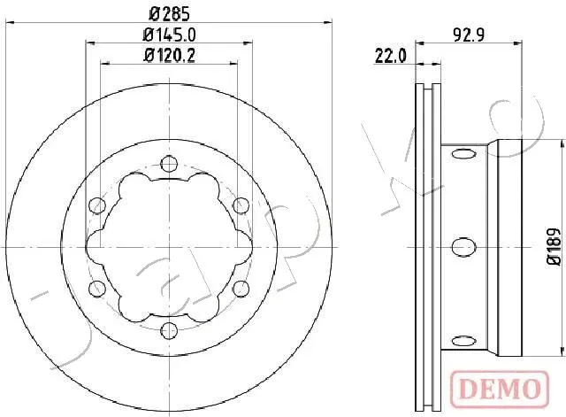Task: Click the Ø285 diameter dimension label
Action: pos(169,14)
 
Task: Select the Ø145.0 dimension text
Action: pos(169,35)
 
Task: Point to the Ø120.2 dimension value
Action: pos(169,56)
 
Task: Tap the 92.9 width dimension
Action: pos(469,35)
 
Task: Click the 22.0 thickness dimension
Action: pos(391,56)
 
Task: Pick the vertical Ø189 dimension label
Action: pos(554,247)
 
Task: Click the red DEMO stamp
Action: pos(500,389)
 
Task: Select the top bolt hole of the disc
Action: pos(169,164)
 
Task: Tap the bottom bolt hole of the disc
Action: pos(169,330)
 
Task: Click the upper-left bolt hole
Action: pos(97,205)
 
